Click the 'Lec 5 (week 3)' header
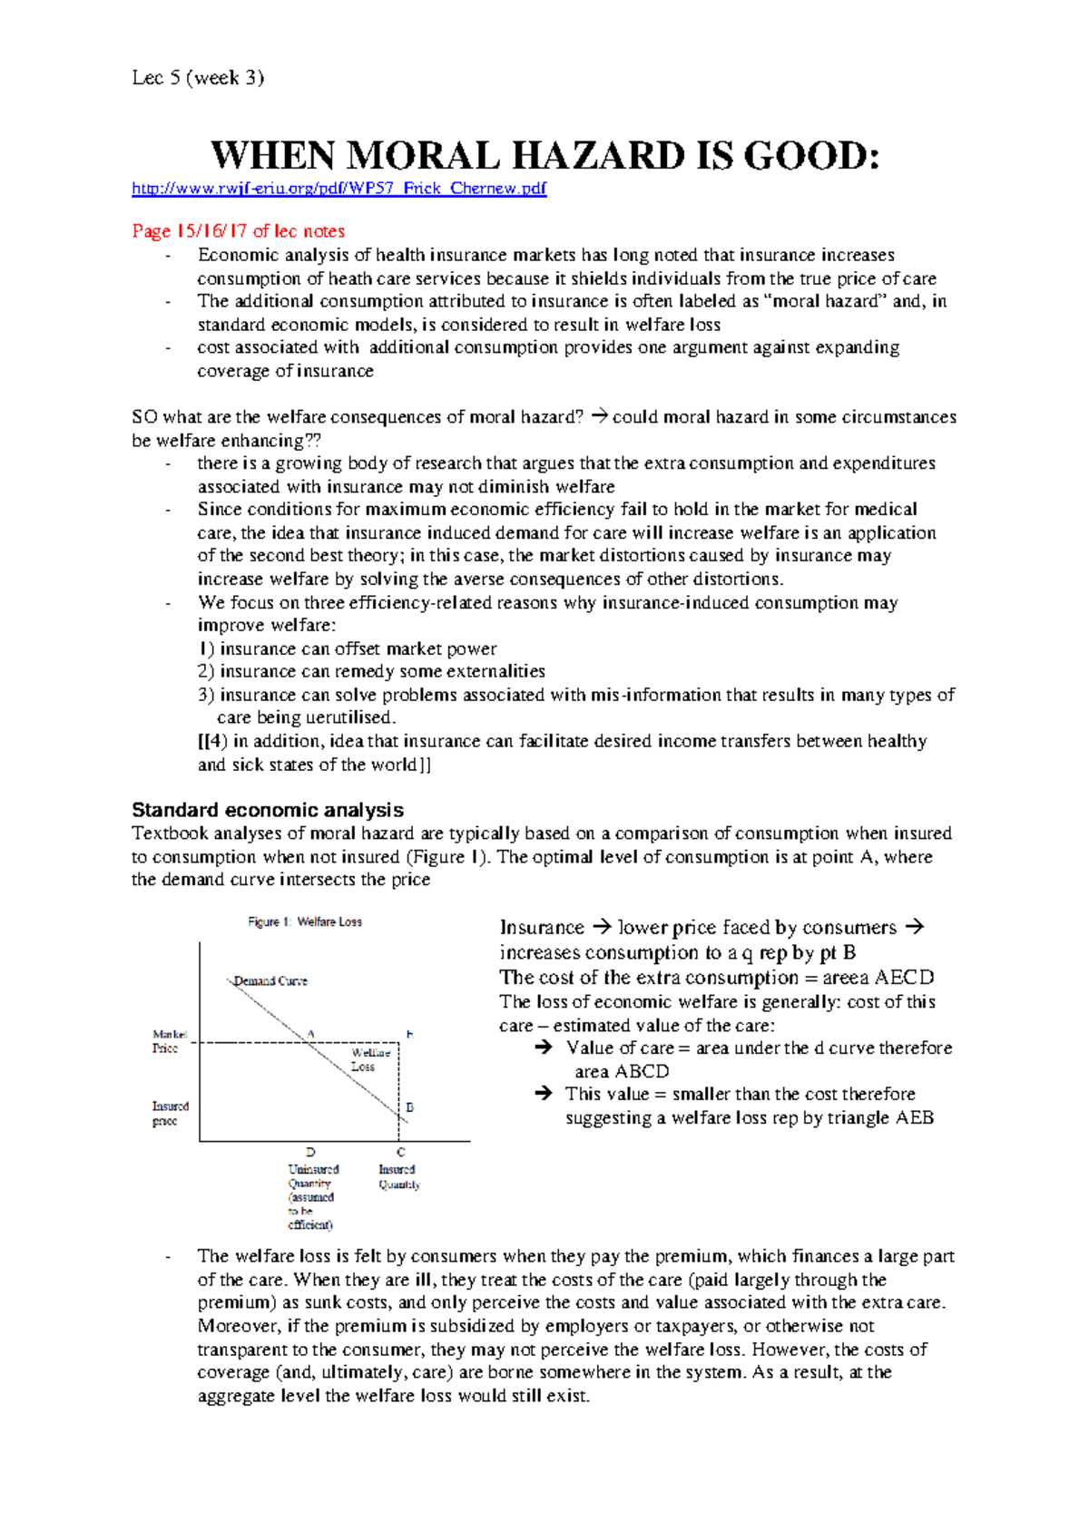point(198,78)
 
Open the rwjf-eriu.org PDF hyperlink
point(338,189)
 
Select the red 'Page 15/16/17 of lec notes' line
point(238,231)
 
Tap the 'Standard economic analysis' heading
point(268,810)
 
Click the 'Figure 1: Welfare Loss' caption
point(305,921)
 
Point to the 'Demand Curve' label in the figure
point(270,980)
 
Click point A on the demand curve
point(311,1034)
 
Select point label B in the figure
point(409,1107)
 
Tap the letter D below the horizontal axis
point(310,1152)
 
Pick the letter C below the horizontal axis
point(400,1152)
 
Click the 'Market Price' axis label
point(169,1041)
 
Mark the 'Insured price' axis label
point(170,1114)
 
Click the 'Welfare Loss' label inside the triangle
point(369,1059)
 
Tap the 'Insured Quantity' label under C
point(398,1176)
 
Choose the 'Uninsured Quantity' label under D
point(312,1176)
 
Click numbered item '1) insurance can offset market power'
point(348,648)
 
